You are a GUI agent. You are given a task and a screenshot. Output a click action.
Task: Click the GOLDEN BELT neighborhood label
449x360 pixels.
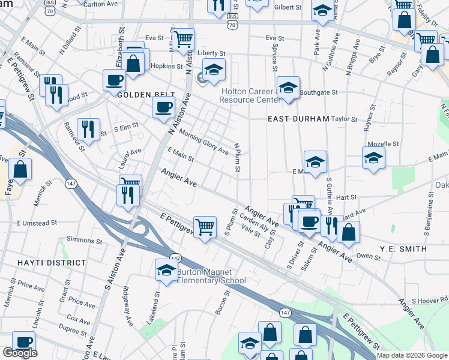[x=146, y=95]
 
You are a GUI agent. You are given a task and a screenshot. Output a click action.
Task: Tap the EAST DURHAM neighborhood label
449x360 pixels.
[x=298, y=119]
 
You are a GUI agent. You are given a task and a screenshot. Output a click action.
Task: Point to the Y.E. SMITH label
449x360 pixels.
[x=403, y=248]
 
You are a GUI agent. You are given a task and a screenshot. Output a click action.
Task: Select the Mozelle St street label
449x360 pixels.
[x=384, y=144]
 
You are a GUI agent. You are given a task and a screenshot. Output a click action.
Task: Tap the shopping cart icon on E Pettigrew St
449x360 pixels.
[x=205, y=227]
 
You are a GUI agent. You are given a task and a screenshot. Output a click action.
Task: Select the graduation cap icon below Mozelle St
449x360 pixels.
[x=373, y=158]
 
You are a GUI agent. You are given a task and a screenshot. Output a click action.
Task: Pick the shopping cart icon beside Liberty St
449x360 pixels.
[x=183, y=40]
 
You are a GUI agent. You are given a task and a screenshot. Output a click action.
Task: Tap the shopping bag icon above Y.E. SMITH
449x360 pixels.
[x=348, y=232]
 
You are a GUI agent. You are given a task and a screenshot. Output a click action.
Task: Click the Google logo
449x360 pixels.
[x=20, y=353]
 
